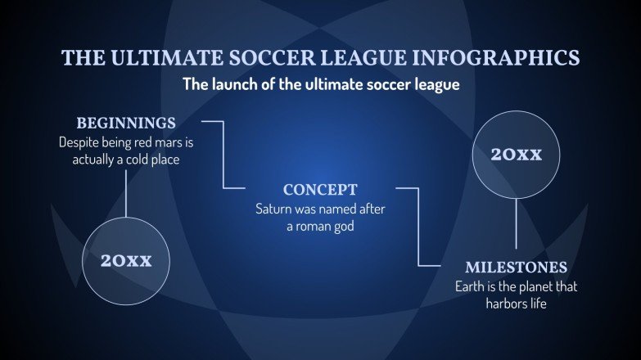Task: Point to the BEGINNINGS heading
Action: tap(126, 124)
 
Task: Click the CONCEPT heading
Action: tap(320, 191)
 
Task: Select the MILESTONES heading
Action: tap(516, 268)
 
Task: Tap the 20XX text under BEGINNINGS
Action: tap(126, 261)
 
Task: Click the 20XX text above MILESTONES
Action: tap(516, 154)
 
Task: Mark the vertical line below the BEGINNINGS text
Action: tap(126, 192)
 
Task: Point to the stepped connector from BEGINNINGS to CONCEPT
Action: tap(223, 155)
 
